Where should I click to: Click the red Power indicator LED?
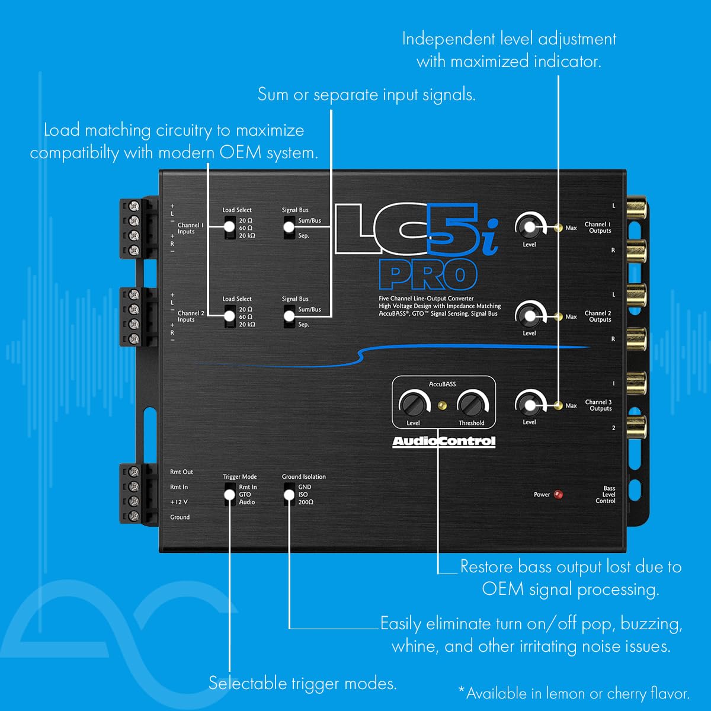(558, 494)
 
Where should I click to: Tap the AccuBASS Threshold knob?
(471, 404)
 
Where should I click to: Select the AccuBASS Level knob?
(413, 404)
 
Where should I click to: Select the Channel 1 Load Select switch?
(230, 228)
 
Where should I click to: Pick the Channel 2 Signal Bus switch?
(289, 316)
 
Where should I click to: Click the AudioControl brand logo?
(444, 441)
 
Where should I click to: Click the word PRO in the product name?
(428, 276)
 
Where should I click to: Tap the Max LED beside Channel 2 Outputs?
(558, 316)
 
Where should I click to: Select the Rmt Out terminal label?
(181, 472)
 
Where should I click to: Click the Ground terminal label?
(180, 517)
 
